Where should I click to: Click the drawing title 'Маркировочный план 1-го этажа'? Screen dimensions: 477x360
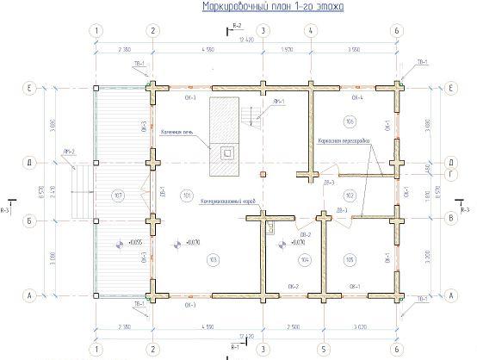tap(272, 7)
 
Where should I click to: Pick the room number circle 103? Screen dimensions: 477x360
tap(187, 258)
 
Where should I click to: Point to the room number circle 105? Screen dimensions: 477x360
tap(349, 258)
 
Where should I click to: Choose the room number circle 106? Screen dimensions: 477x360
tap(349, 119)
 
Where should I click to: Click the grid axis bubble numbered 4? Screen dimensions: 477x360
tap(308, 31)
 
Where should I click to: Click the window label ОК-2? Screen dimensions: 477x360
tap(293, 285)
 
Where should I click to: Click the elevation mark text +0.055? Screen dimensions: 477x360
tap(134, 244)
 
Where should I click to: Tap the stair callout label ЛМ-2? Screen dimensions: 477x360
tap(69, 153)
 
